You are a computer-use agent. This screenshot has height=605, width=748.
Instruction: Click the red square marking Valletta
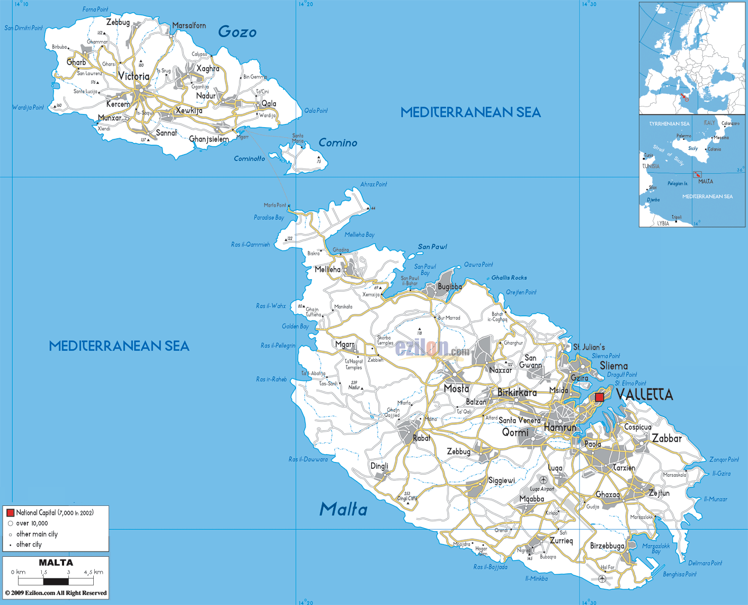tap(599, 397)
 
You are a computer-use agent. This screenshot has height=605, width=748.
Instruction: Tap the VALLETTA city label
tap(645, 395)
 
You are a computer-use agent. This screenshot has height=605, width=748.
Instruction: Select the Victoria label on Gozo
tap(133, 76)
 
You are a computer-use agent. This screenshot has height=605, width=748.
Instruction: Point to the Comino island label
tap(337, 143)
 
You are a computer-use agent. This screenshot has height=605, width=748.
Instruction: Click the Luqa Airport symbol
tap(544, 480)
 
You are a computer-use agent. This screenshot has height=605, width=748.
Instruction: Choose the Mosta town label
tap(456, 388)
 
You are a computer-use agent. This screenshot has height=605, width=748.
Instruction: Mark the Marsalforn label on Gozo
tap(189, 25)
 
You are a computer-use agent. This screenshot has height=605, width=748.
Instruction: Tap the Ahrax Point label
tap(373, 184)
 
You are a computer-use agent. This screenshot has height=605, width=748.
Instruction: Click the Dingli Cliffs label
tap(407, 498)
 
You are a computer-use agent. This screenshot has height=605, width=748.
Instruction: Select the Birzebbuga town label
tap(607, 546)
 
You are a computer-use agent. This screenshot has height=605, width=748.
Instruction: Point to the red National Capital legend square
tap(10, 512)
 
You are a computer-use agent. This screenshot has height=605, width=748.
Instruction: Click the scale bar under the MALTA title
tap(56, 581)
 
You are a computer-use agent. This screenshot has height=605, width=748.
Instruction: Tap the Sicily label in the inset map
tap(693, 148)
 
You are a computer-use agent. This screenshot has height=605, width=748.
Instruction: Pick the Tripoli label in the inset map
tap(676, 217)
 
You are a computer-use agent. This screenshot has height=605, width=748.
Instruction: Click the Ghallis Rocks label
tap(509, 278)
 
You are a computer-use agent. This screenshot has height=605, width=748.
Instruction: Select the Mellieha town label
tap(327, 270)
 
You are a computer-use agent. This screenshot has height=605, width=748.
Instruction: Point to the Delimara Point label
tap(705, 563)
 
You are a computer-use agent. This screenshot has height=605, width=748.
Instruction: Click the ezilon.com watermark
tap(432, 349)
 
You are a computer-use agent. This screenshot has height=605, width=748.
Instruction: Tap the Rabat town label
tap(422, 438)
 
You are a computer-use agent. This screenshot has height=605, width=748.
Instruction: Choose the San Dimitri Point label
tap(23, 28)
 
